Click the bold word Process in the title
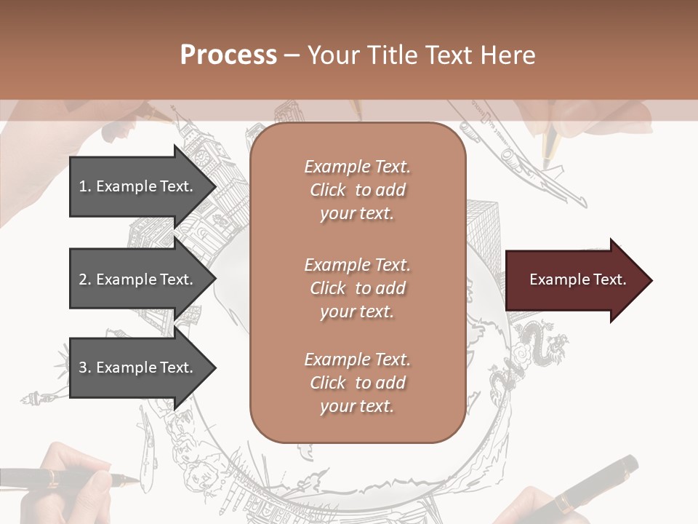228,55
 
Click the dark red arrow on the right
578,280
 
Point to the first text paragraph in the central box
357,190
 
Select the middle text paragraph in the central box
357,288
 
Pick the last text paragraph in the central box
357,383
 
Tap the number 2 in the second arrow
82,279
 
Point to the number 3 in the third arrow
82,368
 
